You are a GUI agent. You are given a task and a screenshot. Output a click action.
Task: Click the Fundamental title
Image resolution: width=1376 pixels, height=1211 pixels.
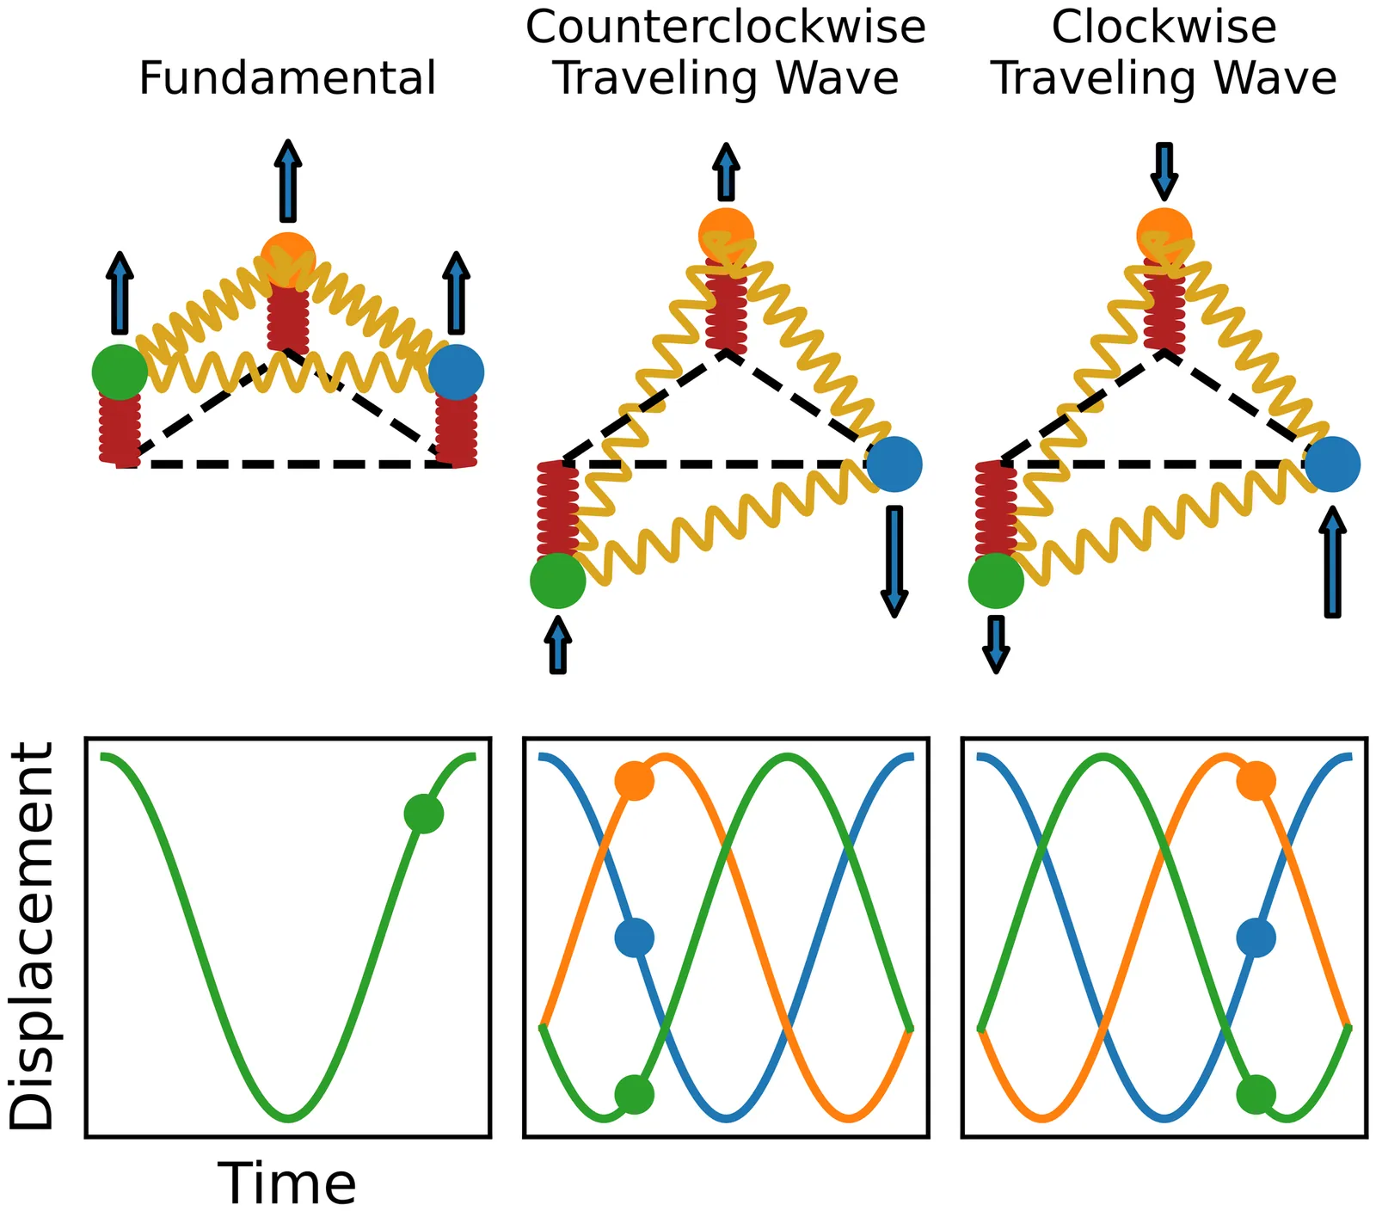tap(287, 78)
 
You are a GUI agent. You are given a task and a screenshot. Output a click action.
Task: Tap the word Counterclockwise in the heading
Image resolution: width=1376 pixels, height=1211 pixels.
tap(725, 28)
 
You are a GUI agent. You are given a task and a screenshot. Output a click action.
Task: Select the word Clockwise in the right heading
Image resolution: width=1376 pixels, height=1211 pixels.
tap(1164, 28)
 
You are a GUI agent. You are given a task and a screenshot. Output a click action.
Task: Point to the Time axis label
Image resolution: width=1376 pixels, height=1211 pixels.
tap(286, 1183)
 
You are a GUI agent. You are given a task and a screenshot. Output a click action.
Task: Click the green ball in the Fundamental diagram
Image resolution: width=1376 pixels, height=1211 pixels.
tap(120, 372)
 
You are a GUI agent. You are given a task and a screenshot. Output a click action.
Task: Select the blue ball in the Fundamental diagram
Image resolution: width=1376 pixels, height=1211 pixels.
tap(457, 372)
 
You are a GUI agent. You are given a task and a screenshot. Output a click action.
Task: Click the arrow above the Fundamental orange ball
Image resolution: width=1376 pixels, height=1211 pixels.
tap(288, 181)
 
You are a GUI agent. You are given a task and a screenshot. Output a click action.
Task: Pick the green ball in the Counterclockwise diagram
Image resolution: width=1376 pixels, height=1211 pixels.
tap(558, 581)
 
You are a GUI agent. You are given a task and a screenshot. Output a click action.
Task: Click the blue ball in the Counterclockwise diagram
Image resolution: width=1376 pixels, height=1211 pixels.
tap(894, 464)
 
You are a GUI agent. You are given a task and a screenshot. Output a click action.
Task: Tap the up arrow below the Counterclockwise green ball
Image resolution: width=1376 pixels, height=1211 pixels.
tap(558, 646)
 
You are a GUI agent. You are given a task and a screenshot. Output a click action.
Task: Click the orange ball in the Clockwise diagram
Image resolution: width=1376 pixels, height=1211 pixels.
tap(1164, 234)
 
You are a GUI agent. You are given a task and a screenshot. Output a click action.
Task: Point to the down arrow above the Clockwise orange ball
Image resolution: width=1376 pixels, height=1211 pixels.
tap(1164, 170)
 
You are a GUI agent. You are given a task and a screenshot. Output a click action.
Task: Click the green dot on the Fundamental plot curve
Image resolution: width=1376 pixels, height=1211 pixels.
tap(423, 814)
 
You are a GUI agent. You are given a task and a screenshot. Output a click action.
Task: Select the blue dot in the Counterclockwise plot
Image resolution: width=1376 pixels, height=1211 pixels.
tap(635, 937)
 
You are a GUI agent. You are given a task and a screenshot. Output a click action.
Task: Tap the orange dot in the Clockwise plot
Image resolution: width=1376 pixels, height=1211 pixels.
tap(1256, 781)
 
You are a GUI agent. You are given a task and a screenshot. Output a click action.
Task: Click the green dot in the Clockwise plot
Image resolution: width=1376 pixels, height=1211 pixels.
tap(1256, 1094)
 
